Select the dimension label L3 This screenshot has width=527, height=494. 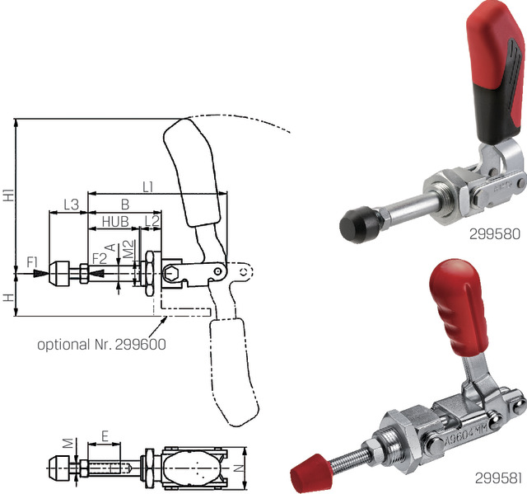(71, 203)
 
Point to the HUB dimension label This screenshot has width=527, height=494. (114, 221)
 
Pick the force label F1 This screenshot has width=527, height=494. (33, 262)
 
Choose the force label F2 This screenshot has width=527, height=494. (99, 259)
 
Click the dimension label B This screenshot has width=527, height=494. (125, 203)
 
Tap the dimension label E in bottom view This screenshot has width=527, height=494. (105, 435)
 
